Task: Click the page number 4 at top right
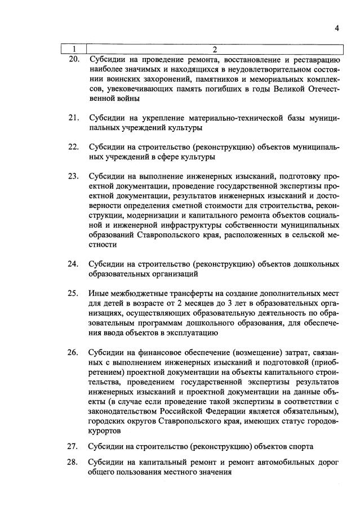pyautogui.click(x=336, y=28)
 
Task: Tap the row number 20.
pyautogui.click(x=73, y=59)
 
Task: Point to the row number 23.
pyautogui.click(x=73, y=176)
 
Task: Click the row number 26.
pyautogui.click(x=73, y=353)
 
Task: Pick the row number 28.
pyautogui.click(x=73, y=463)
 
